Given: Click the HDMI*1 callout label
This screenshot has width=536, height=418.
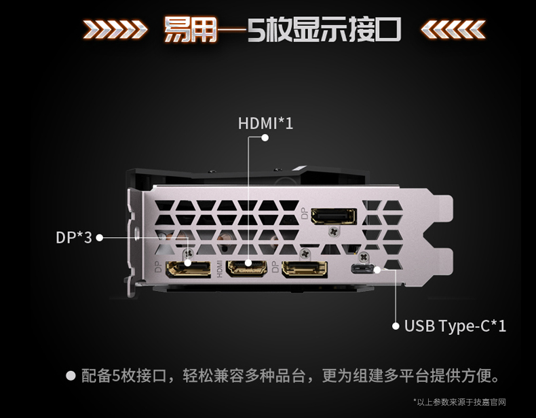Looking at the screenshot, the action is point(265,123).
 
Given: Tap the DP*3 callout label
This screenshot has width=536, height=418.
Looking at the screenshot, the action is point(74,237).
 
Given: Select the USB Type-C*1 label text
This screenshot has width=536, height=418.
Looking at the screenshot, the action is point(455,326).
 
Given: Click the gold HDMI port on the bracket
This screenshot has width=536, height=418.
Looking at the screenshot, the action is point(247,268).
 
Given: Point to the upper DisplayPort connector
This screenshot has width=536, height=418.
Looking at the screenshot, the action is point(334,216).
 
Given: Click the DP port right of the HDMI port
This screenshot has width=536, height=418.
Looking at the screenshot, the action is point(304,268).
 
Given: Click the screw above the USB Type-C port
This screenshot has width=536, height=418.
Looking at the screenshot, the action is point(364,257).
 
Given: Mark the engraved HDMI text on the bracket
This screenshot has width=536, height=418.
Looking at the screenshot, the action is point(219,268).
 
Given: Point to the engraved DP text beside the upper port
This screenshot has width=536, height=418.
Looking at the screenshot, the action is point(304,213).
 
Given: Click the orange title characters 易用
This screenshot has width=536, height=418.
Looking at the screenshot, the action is point(190,29).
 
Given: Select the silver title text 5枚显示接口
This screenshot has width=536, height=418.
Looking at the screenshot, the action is point(324,29).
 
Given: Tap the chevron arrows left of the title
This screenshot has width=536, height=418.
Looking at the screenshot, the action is point(115,29).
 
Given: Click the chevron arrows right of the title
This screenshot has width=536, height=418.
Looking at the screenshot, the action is point(453,29).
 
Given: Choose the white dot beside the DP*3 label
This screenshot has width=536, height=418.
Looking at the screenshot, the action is point(100,238).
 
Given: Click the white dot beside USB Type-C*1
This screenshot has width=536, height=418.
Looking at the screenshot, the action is point(396,326).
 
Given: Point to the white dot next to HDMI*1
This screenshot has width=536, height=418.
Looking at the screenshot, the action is point(265,137).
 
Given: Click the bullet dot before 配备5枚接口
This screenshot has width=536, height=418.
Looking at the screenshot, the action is point(71,376).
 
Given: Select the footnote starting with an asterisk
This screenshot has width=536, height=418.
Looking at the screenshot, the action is point(459,402).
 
